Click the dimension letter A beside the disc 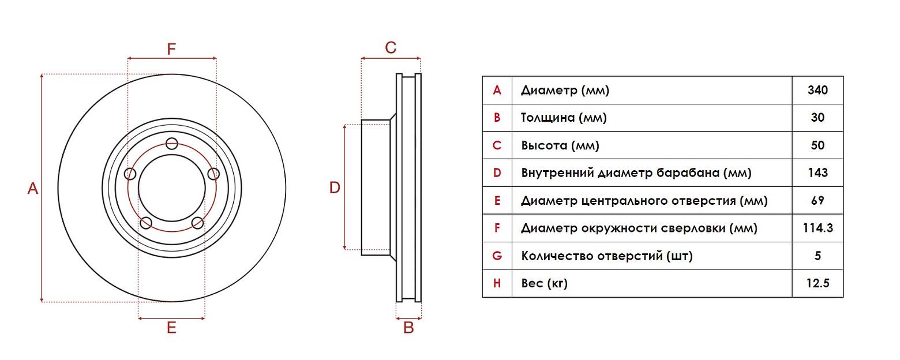pyautogui.click(x=33, y=188)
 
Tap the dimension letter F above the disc pyautogui.click(x=171, y=49)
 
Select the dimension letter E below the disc pyautogui.click(x=171, y=328)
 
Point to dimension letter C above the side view pyautogui.click(x=391, y=48)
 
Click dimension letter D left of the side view pyautogui.click(x=335, y=187)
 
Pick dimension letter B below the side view pyautogui.click(x=408, y=328)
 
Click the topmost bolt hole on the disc pyautogui.click(x=171, y=144)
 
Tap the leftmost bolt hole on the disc pyautogui.click(x=130, y=174)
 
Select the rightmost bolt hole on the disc pyautogui.click(x=213, y=174)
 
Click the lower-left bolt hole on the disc pyautogui.click(x=146, y=223)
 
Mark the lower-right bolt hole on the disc pyautogui.click(x=197, y=223)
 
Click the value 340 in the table pyautogui.click(x=817, y=90)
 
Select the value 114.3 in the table pyautogui.click(x=817, y=228)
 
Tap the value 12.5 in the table pyautogui.click(x=817, y=283)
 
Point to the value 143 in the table pyautogui.click(x=817, y=172)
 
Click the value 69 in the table pyautogui.click(x=817, y=200)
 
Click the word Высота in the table pyautogui.click(x=544, y=145)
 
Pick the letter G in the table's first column pyautogui.click(x=497, y=256)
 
